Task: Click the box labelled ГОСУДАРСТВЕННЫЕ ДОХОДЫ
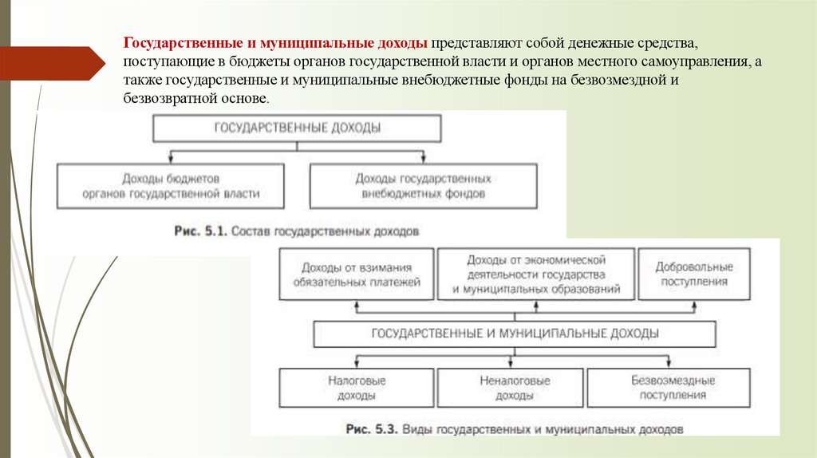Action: coord(297,128)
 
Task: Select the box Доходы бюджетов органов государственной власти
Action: coord(171,186)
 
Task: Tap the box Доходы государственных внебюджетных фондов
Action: coord(423,186)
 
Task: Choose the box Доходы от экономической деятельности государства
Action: coord(536,274)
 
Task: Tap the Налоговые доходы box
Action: coord(357,387)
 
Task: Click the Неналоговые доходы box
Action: coord(510,387)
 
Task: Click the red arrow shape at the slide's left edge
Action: coord(53,61)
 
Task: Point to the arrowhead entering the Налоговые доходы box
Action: coord(357,364)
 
